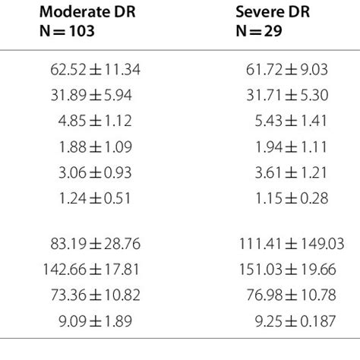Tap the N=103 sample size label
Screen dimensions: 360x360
[70, 34]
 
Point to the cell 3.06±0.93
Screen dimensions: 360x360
[93, 173]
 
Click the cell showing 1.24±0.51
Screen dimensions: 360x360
[93, 199]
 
